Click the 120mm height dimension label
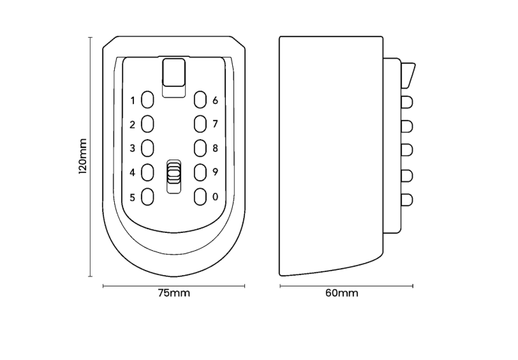pyautogui.click(x=82, y=156)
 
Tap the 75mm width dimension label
pyautogui.click(x=174, y=293)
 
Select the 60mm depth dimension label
pyautogui.click(x=341, y=293)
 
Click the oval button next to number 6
pyautogui.click(x=200, y=100)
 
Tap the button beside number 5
pyautogui.click(x=147, y=197)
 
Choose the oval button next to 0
pyautogui.click(x=200, y=197)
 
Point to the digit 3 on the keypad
pyautogui.click(x=133, y=148)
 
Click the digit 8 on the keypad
pyautogui.click(x=216, y=148)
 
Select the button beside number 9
pyautogui.click(x=200, y=172)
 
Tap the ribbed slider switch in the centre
pyautogui.click(x=174, y=172)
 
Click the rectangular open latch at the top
pyautogui.click(x=174, y=73)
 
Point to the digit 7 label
pyautogui.click(x=216, y=124)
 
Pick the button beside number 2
pyautogui.click(x=147, y=124)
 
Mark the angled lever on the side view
pyautogui.click(x=408, y=75)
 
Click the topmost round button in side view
pyautogui.click(x=407, y=102)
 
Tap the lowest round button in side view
pyautogui.click(x=407, y=200)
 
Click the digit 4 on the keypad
pyautogui.click(x=133, y=172)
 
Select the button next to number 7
pyautogui.click(x=200, y=124)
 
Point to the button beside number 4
pyautogui.click(x=147, y=172)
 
